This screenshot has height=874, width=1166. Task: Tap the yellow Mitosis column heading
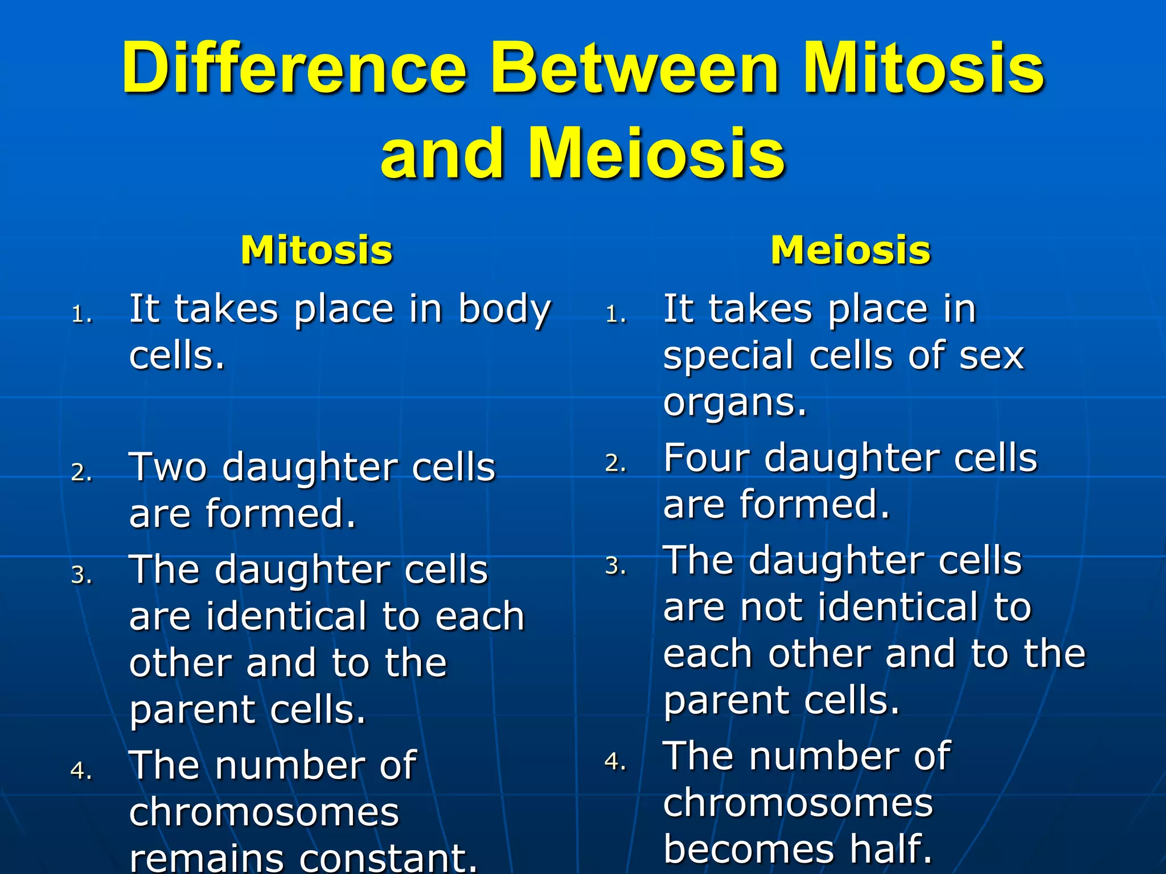click(317, 250)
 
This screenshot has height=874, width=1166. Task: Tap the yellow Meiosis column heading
click(851, 250)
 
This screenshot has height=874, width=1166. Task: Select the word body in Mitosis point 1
click(504, 310)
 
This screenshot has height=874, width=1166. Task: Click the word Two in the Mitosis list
click(168, 468)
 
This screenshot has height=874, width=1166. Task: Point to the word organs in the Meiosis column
click(734, 403)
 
